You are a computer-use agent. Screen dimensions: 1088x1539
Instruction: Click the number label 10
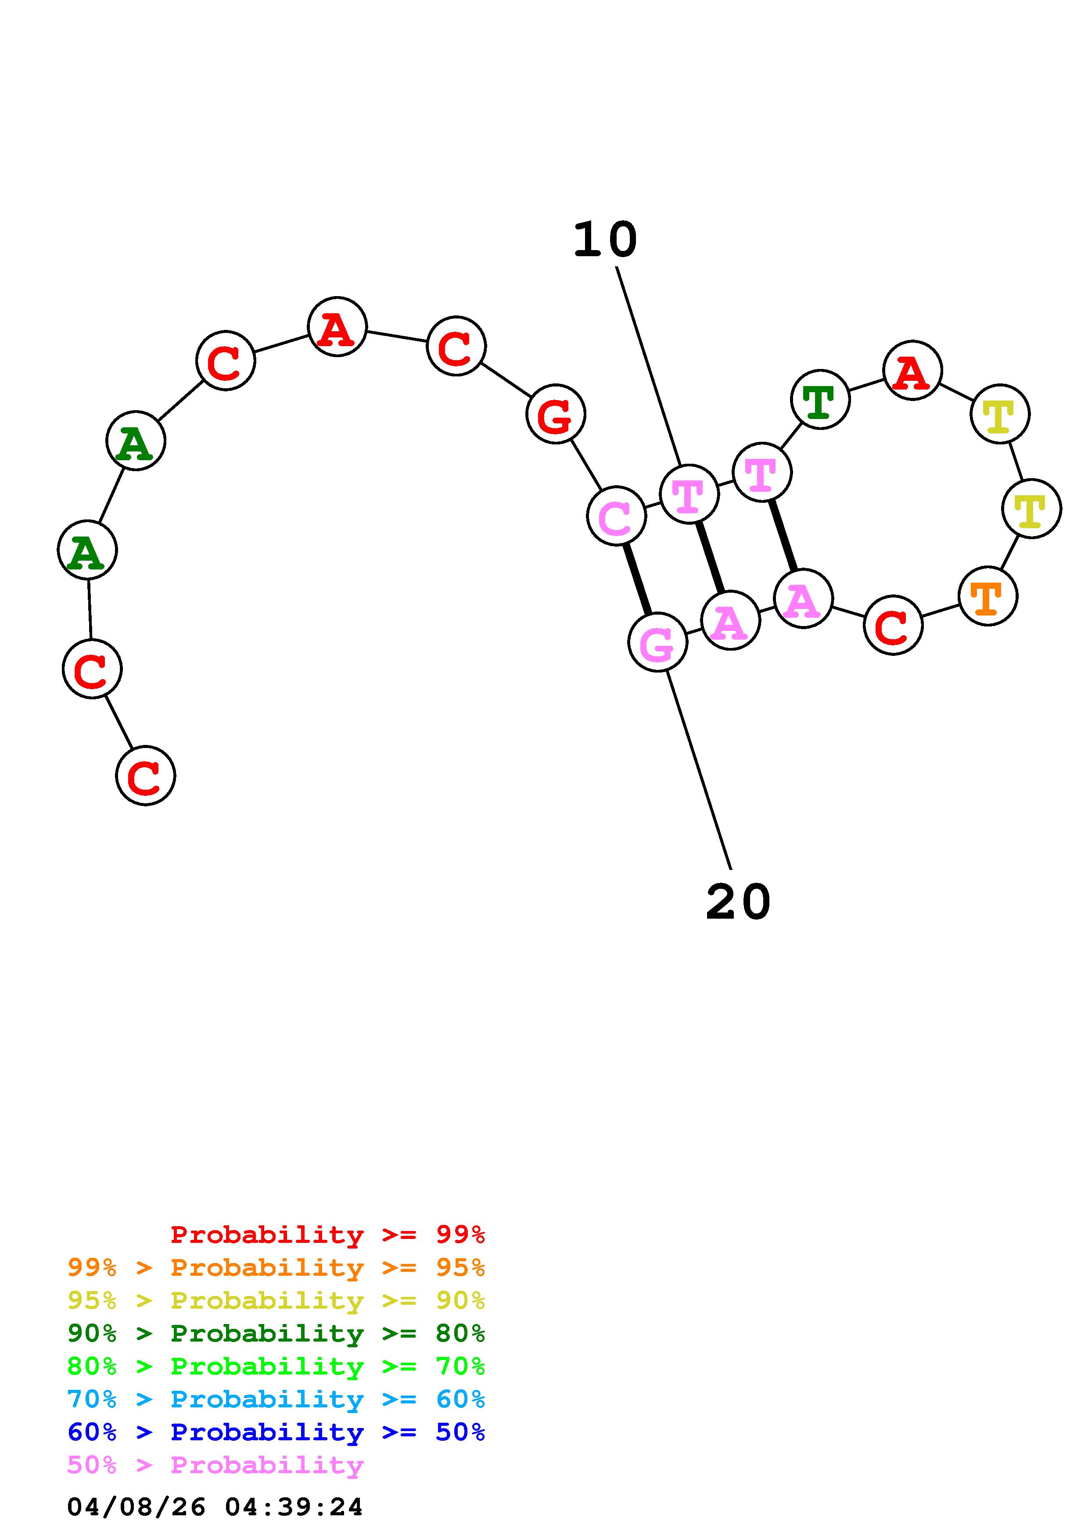pyautogui.click(x=605, y=240)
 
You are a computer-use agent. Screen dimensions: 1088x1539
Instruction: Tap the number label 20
pyautogui.click(x=738, y=902)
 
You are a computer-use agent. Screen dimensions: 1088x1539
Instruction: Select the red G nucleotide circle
pyautogui.click(x=556, y=414)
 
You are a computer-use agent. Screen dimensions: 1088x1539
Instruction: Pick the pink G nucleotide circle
pyautogui.click(x=657, y=642)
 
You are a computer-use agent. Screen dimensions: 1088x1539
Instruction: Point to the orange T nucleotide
pyautogui.click(x=987, y=596)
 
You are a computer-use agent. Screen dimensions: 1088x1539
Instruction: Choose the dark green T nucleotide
pyautogui.click(x=820, y=400)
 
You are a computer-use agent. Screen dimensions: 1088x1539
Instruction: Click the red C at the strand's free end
pyautogui.click(x=145, y=776)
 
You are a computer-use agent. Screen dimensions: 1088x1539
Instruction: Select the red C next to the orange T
pyautogui.click(x=893, y=626)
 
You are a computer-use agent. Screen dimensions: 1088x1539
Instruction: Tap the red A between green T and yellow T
pyautogui.click(x=912, y=370)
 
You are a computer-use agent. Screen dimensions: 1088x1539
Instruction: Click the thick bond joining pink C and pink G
pyautogui.click(x=637, y=579)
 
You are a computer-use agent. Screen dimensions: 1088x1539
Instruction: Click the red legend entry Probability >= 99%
pyautogui.click(x=328, y=1235)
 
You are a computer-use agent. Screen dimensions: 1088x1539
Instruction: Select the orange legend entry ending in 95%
pyautogui.click(x=276, y=1267)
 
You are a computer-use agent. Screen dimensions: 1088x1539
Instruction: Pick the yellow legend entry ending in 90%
pyautogui.click(x=276, y=1300)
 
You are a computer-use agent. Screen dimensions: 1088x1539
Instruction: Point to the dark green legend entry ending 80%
pyautogui.click(x=276, y=1333)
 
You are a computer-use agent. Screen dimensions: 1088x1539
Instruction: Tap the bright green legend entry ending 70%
pyautogui.click(x=276, y=1366)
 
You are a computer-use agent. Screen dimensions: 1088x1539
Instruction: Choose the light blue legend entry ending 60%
pyautogui.click(x=276, y=1399)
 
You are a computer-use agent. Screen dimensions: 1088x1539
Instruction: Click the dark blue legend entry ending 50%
pyautogui.click(x=276, y=1432)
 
